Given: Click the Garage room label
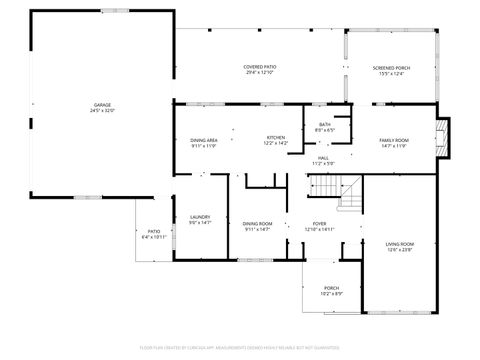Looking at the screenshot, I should [102, 105].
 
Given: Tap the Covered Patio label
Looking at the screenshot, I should [260, 67].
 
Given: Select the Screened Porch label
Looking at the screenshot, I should [394, 67].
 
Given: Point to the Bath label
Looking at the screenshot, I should [325, 124].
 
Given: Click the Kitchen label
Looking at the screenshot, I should [275, 138].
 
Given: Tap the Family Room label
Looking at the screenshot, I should [393, 140].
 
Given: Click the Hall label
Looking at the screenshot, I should [324, 158].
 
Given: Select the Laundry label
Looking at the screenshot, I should [198, 217].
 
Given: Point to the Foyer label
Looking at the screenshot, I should [319, 223].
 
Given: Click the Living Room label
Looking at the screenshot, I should [400, 244].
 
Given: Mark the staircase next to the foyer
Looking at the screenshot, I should [340, 190].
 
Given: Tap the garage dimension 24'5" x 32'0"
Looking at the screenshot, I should [102, 111].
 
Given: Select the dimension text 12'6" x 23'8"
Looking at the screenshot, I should [400, 250].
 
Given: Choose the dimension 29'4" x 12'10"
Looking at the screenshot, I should [260, 73].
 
